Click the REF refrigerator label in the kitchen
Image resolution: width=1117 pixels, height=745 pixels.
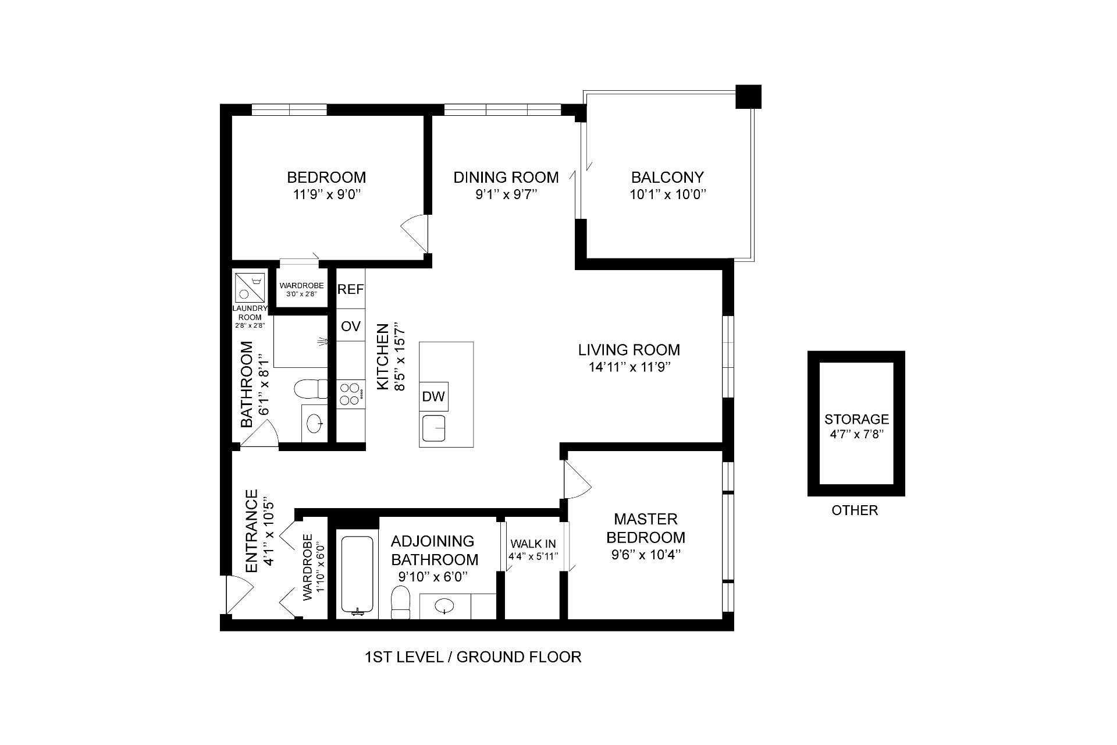coord(351,289)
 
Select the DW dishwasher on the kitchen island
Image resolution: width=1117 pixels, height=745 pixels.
coord(433,396)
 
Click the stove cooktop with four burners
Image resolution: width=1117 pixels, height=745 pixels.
coord(350,393)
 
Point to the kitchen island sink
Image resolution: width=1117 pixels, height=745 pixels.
coord(434,428)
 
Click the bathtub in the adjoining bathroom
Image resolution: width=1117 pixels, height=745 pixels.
coord(357,574)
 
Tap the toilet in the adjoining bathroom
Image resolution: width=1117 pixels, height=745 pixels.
coord(400,602)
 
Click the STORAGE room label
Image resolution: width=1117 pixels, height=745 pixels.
coord(856,419)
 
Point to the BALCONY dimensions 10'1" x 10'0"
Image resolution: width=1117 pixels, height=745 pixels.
coord(667,194)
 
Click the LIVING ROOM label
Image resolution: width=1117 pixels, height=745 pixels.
coord(629,350)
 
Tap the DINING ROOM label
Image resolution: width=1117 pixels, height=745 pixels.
coord(506,177)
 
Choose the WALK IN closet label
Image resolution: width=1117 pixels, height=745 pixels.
coord(533,544)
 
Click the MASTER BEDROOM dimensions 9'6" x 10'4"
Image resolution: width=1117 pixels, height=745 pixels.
coord(646,555)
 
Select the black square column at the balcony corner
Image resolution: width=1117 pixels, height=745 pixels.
coord(748,97)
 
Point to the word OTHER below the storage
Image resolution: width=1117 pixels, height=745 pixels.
coord(855,510)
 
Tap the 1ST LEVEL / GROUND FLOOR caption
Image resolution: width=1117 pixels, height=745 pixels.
coord(473,657)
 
